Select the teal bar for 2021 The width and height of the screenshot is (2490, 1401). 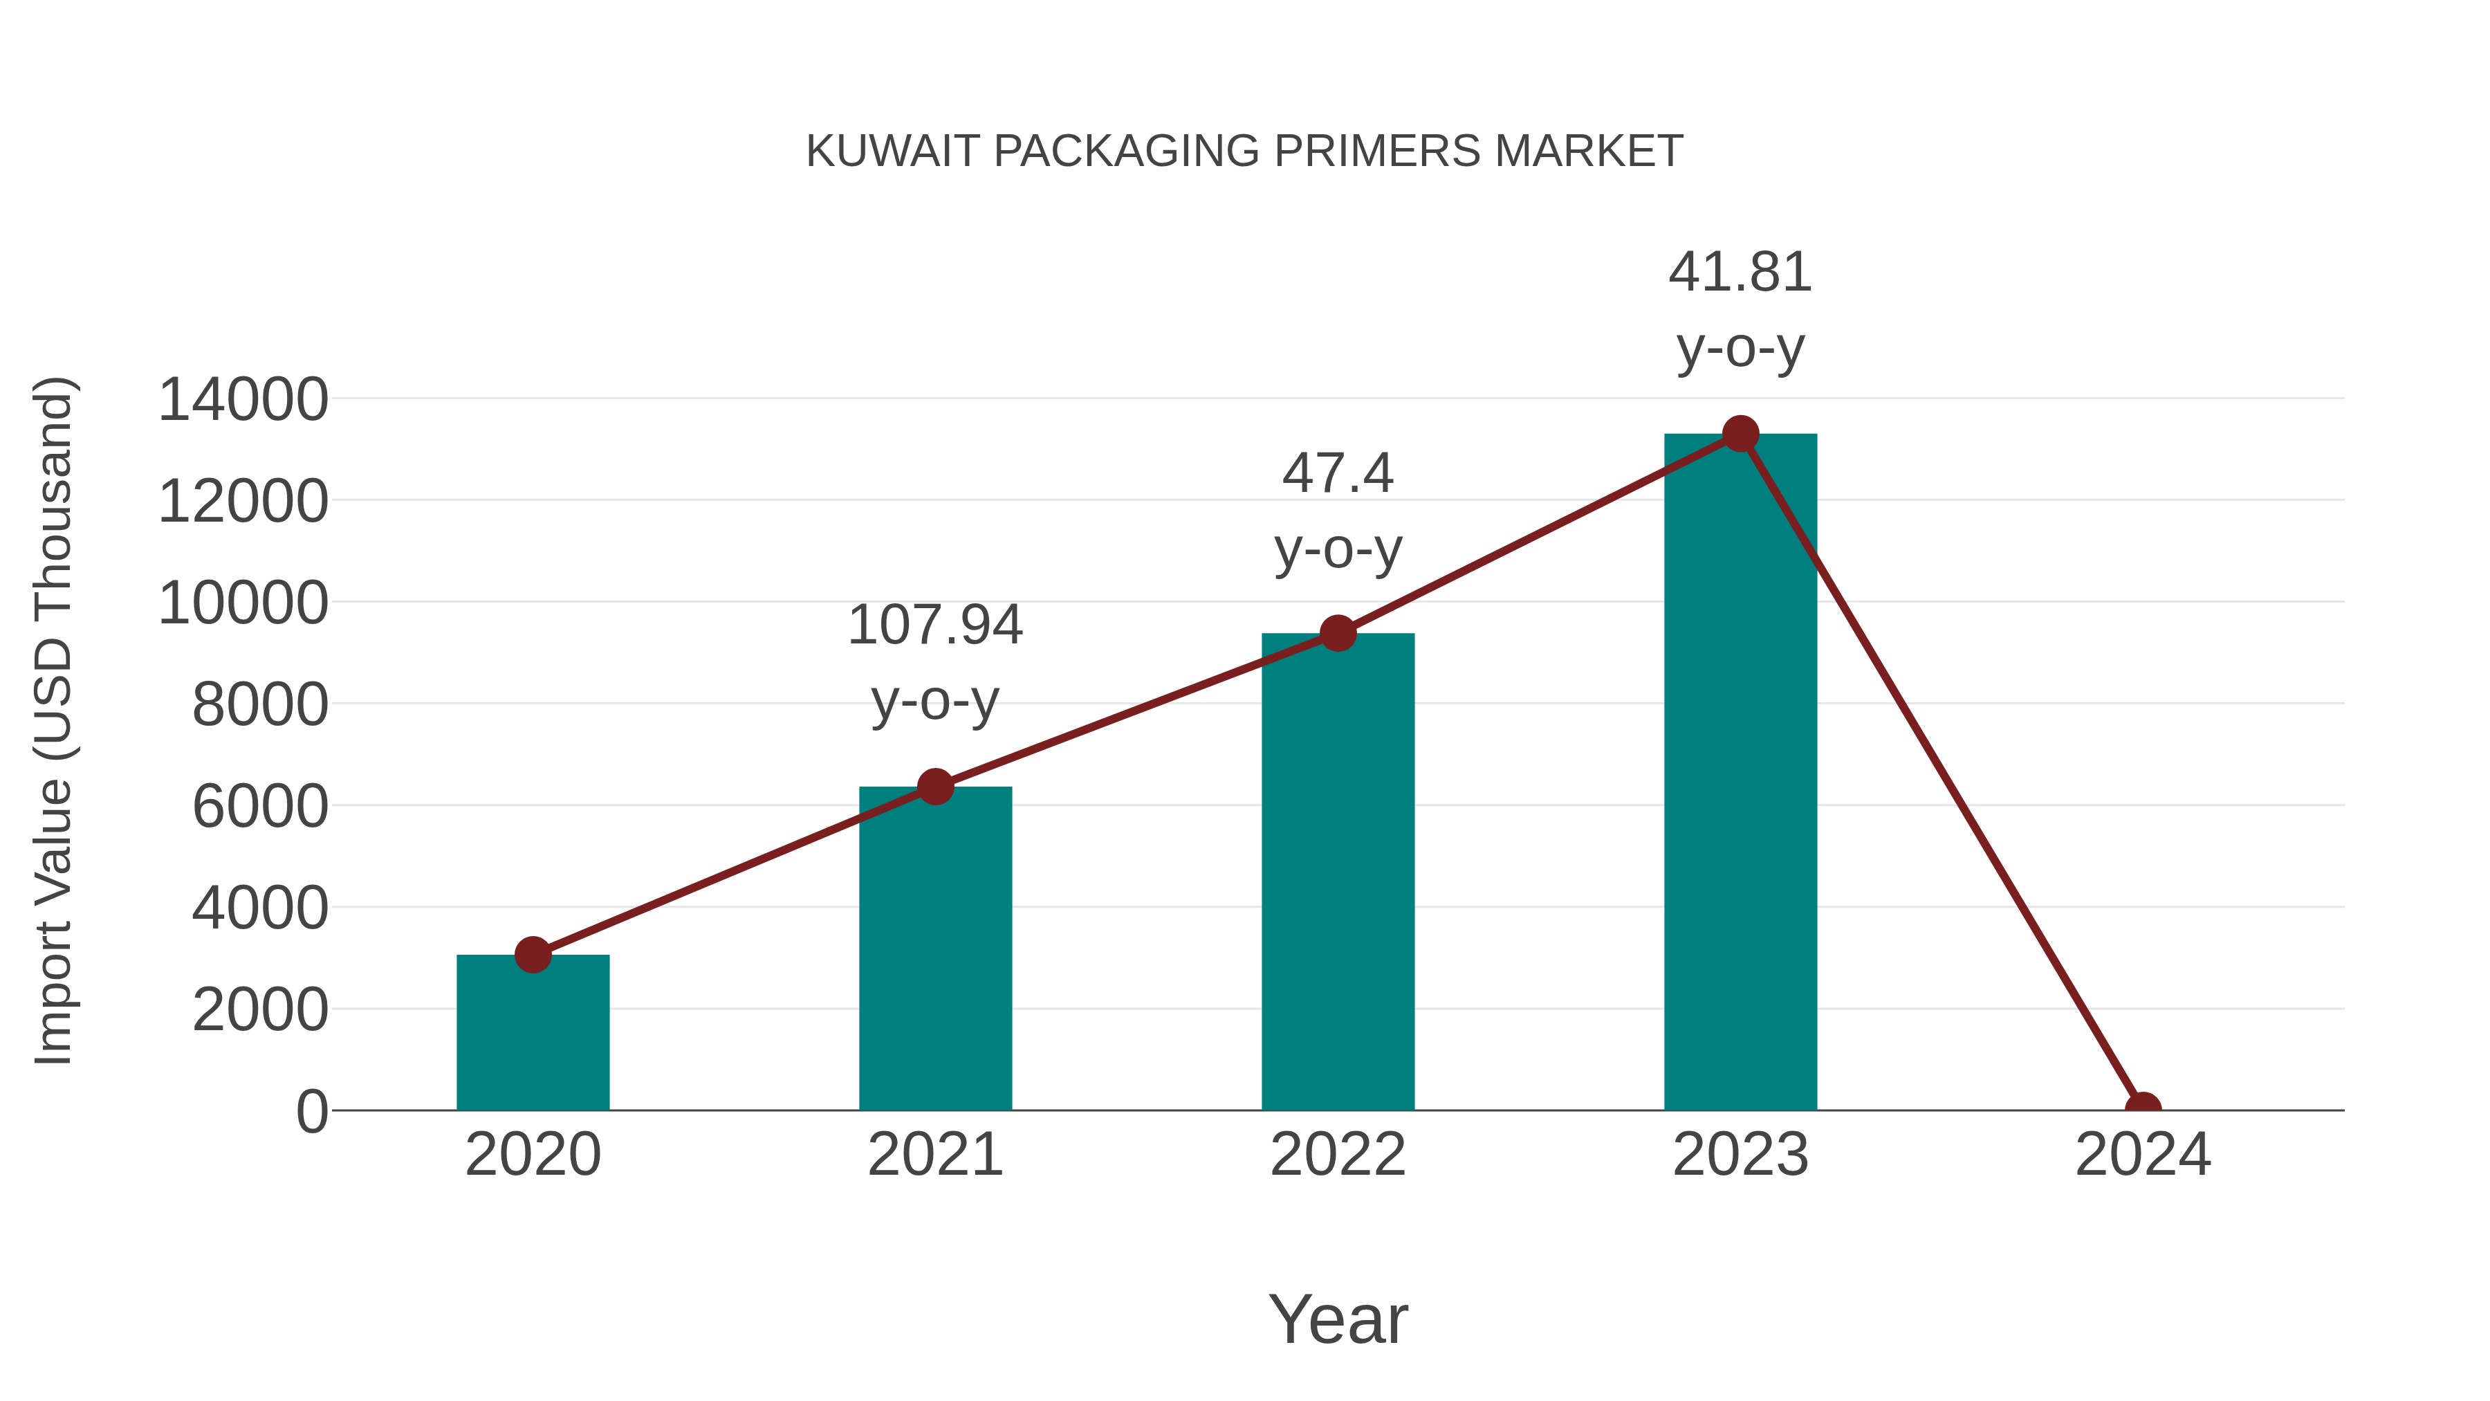click(934, 953)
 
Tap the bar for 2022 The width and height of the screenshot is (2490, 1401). click(1338, 875)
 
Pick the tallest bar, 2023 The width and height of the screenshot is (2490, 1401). click(1740, 773)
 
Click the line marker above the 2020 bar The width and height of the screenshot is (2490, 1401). click(533, 954)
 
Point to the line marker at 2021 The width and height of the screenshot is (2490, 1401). click(934, 786)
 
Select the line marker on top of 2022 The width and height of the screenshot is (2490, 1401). click(1338, 633)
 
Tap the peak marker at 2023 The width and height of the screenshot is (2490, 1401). click(1740, 434)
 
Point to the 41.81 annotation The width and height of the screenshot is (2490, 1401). click(1740, 309)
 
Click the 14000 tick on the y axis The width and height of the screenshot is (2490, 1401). click(243, 399)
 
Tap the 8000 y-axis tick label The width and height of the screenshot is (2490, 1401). click(260, 705)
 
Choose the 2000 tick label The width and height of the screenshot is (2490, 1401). click(260, 1010)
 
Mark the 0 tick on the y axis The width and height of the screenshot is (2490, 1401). click(312, 1112)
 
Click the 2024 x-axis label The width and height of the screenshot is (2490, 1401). click(2142, 1155)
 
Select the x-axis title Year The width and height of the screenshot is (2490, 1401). click(1338, 1319)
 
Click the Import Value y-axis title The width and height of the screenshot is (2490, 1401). click(54, 720)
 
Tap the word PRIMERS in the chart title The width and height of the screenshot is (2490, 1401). click(1376, 151)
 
